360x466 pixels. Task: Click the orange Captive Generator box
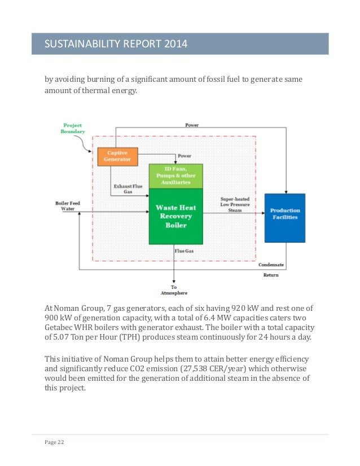pyautogui.click(x=117, y=156)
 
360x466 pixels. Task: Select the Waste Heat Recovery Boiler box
pyautogui.click(x=175, y=216)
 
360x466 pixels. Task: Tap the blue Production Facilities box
pyautogui.click(x=284, y=214)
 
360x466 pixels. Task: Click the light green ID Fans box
pyautogui.click(x=175, y=175)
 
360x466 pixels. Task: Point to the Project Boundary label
pyautogui.click(x=73, y=128)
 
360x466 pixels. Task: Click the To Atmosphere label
pyautogui.click(x=174, y=291)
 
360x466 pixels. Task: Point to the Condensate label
pyautogui.click(x=271, y=265)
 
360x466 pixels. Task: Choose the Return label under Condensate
pyautogui.click(x=271, y=275)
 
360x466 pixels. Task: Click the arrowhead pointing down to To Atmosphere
pyautogui.click(x=174, y=280)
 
